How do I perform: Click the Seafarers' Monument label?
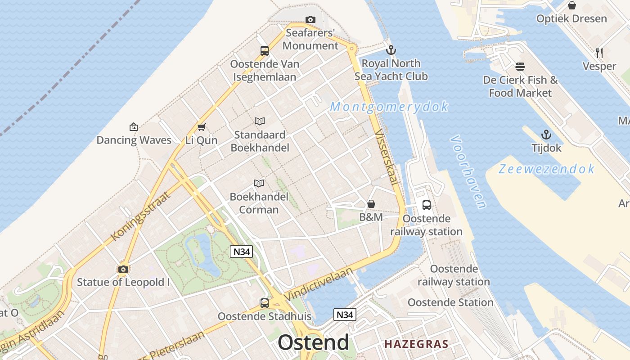point(310,39)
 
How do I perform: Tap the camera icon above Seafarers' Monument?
point(310,19)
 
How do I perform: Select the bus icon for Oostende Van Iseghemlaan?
point(265,51)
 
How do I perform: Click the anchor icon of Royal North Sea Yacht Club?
point(391,50)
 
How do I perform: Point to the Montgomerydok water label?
point(389,107)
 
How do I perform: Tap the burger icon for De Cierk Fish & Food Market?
point(520,67)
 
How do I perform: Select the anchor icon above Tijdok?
point(546,135)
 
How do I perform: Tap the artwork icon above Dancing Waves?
point(133,127)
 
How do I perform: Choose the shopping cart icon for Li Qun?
point(201,127)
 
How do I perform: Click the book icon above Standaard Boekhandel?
point(260,121)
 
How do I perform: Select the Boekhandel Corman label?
point(259,203)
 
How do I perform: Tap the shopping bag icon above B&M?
point(371,204)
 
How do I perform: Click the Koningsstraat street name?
point(140,216)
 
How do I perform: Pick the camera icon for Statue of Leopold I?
point(123,269)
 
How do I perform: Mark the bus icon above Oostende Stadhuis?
point(265,303)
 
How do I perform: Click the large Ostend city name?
point(313,342)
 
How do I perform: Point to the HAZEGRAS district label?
point(416,345)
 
